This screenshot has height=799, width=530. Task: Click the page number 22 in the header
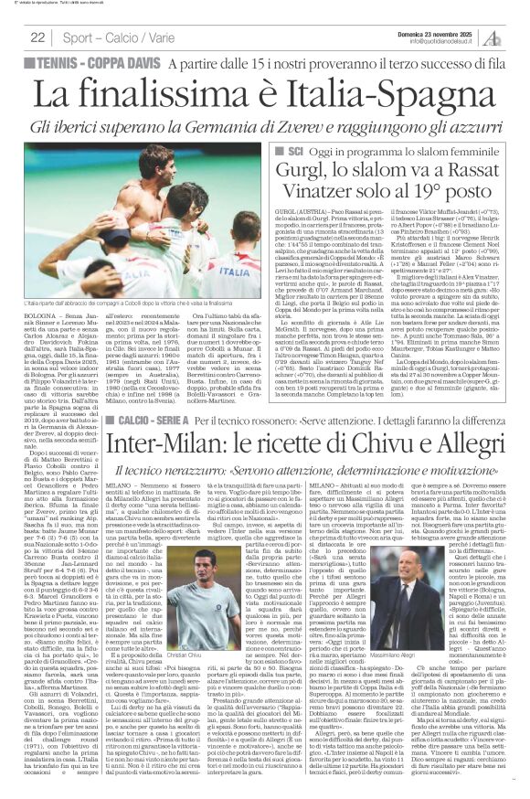tap(37, 37)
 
